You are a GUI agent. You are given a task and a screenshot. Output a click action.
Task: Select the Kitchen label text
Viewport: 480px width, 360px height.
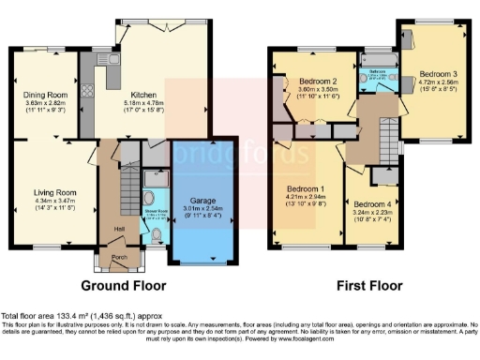coord(142,94)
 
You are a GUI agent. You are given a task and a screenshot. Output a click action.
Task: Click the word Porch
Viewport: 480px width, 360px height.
coord(119,255)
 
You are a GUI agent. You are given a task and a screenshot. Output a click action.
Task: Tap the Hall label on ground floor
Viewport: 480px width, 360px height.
coord(119,228)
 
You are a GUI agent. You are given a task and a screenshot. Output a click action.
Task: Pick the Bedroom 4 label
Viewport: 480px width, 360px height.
coord(369,203)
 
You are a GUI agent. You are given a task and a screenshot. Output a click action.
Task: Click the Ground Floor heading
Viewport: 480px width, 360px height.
coord(123,284)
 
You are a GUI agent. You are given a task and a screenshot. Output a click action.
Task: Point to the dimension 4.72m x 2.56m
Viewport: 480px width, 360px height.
coord(437,82)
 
